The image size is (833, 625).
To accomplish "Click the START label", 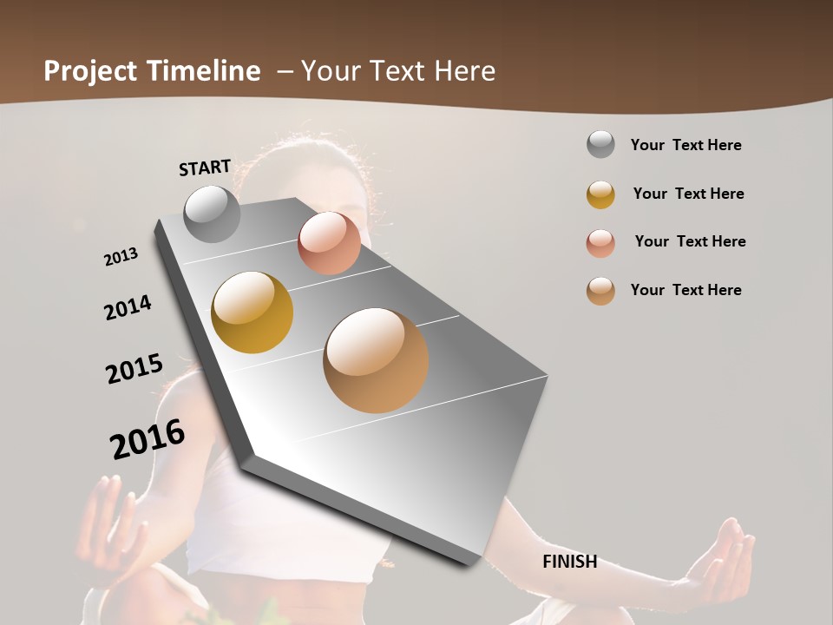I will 205,168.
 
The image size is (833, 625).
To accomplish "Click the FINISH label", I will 569,562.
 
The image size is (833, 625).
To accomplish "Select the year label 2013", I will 121,257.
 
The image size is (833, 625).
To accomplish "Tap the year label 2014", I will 128,307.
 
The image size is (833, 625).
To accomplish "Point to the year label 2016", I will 148,439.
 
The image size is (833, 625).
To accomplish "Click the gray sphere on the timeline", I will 212,214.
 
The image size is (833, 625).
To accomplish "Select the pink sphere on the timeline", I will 329,243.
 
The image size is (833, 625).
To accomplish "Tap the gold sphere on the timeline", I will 253,312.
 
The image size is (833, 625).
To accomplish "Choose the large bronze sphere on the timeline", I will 376,360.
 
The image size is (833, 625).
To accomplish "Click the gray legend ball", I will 600,145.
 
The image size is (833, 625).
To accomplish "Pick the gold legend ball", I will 600,194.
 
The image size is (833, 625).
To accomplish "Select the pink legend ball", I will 600,243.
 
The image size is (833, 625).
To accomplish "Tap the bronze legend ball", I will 600,291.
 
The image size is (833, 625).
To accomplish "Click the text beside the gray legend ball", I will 685,146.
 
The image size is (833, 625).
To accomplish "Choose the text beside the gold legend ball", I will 688,194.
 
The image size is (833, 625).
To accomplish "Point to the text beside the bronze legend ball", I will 685,290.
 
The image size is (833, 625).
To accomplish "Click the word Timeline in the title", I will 204,71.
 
